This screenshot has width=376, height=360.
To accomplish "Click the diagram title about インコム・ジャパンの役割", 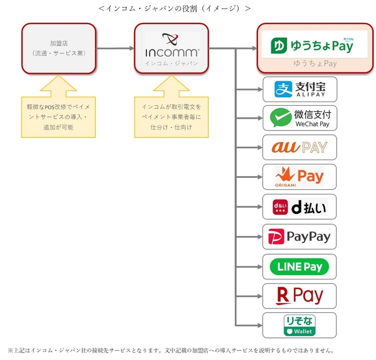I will click(x=175, y=8).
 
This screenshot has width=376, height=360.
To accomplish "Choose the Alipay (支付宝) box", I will click(x=299, y=89).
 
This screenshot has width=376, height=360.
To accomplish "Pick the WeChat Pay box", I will click(x=299, y=118).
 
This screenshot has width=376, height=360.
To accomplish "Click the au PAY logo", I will click(x=299, y=147).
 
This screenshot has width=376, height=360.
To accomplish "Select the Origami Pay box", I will click(x=299, y=177).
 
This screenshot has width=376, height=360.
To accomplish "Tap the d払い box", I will click(x=299, y=206).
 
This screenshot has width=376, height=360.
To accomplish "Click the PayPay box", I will click(x=299, y=236).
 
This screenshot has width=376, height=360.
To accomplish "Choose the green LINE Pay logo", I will click(x=299, y=266).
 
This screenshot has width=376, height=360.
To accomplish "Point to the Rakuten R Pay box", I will click(x=299, y=296).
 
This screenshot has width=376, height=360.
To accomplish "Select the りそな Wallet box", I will click(x=299, y=325).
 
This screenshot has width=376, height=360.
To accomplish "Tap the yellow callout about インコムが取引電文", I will click(x=171, y=115).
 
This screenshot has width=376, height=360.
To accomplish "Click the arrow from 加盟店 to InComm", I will click(x=115, y=48).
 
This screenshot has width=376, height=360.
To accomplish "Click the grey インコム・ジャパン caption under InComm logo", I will click(x=172, y=63).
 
